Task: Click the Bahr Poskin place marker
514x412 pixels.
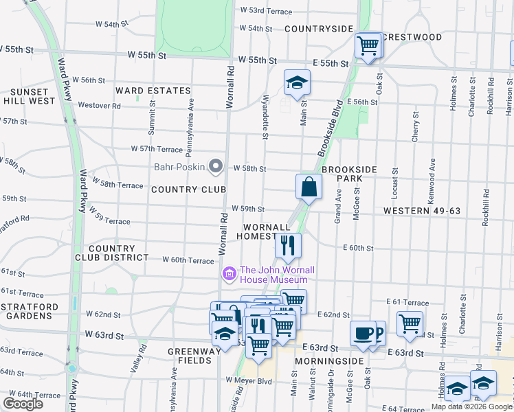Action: point(216,166)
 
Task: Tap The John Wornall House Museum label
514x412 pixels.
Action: point(273,275)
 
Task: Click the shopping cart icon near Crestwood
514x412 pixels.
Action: point(368,46)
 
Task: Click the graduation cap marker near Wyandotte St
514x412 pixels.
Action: point(297,83)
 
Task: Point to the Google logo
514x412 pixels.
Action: point(23,404)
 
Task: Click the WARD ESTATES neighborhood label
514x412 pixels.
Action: point(153,91)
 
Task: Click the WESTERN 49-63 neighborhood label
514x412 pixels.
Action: point(421,210)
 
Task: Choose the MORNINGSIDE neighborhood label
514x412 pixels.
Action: point(328,360)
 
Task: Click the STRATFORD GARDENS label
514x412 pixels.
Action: point(27,310)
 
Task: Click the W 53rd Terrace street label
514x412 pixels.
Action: point(266,11)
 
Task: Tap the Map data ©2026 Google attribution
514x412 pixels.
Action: point(471,407)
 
